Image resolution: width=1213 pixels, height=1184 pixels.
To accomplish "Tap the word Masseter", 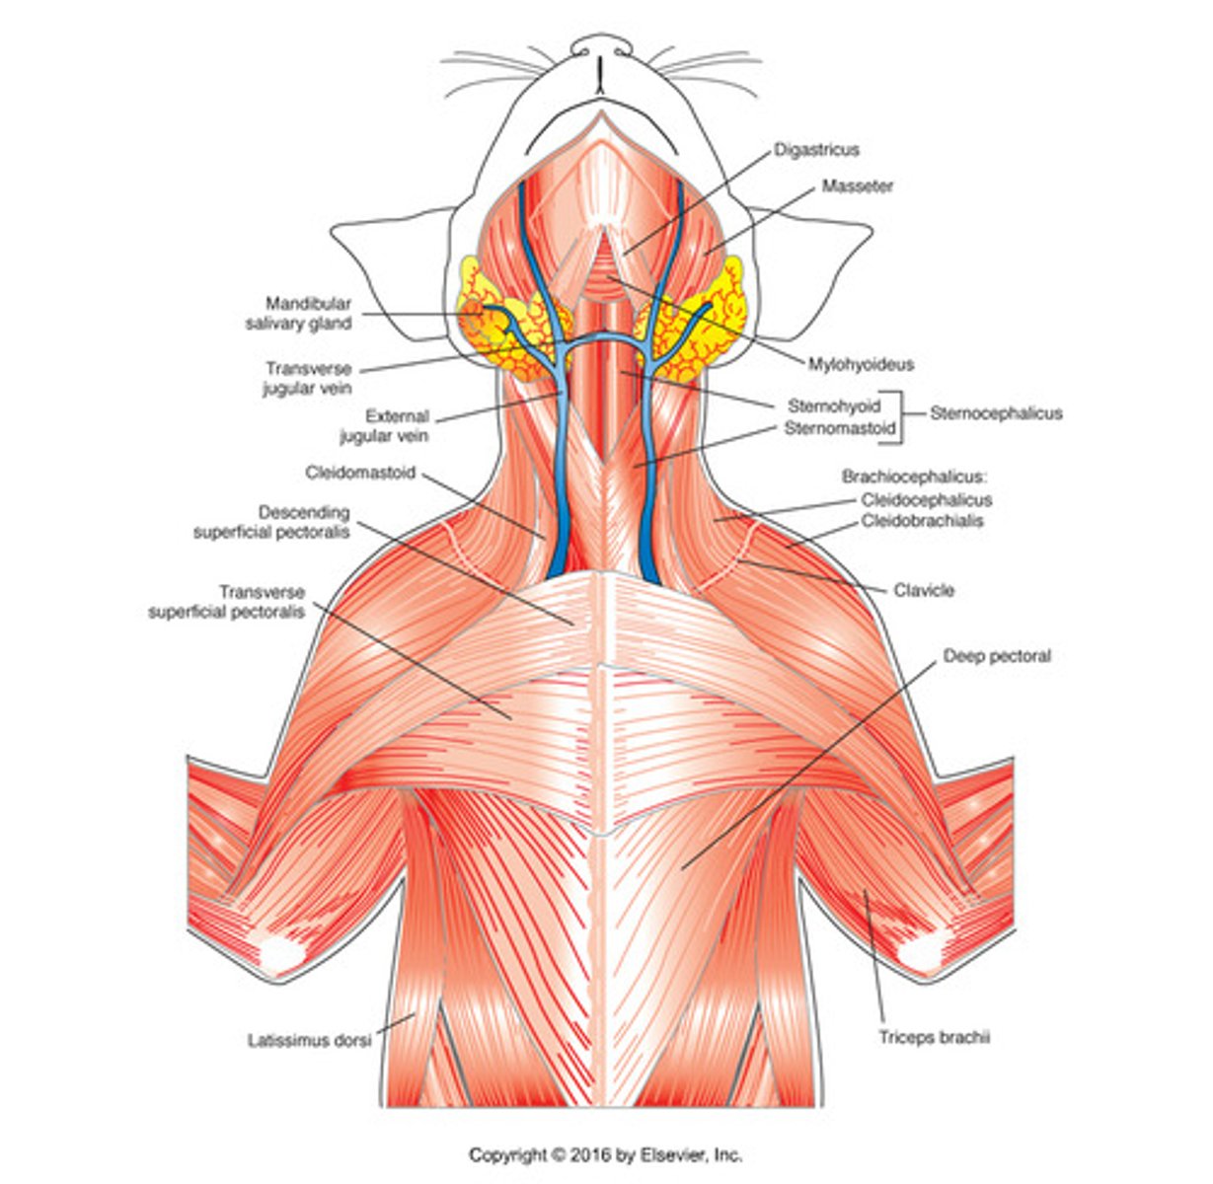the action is (857, 185).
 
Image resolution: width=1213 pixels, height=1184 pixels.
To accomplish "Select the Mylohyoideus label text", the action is (861, 364).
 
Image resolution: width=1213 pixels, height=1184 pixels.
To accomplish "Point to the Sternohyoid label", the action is (834, 406).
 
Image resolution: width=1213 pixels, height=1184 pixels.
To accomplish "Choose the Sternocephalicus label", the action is (996, 413).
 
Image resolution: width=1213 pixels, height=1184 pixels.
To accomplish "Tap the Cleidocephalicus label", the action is (926, 500).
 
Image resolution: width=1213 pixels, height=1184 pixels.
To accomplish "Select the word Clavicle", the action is (924, 590).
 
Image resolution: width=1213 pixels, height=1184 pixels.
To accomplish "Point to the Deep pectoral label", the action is (997, 655).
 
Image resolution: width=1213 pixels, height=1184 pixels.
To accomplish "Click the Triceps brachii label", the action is (934, 1037).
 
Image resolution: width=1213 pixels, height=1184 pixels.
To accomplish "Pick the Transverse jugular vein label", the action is (307, 378).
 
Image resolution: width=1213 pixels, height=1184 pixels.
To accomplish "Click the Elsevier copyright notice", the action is (605, 1154).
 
